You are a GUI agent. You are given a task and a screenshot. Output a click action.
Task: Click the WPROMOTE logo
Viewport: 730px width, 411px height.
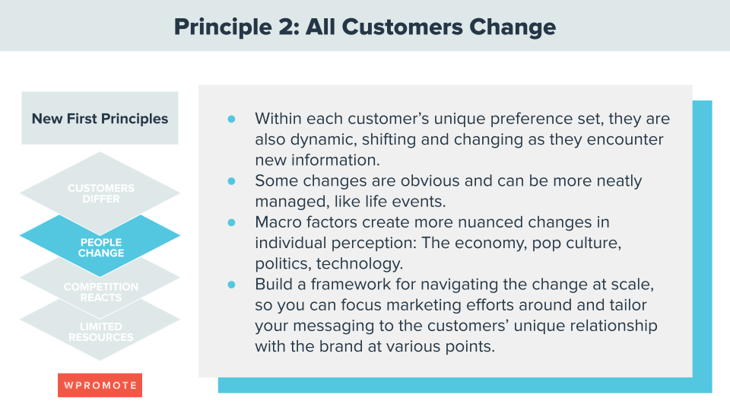coord(100,385)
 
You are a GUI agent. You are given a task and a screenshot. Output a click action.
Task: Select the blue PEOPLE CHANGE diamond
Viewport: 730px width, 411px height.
coord(100,247)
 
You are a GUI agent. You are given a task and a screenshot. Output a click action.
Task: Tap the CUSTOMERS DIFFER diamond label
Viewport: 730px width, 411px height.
coord(100,193)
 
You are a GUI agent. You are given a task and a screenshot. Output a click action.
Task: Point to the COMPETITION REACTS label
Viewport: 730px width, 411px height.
coord(100,292)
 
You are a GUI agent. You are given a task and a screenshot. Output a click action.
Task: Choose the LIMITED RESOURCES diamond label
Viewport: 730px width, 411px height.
coord(100,332)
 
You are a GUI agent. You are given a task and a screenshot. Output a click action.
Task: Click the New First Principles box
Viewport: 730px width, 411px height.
coord(100,119)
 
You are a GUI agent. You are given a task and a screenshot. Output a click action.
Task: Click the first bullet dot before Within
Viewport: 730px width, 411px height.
coord(232,119)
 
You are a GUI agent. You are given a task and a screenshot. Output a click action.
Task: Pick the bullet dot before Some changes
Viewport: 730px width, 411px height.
coord(232,181)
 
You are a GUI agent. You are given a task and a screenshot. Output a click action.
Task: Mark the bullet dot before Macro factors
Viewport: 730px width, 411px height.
coord(232,222)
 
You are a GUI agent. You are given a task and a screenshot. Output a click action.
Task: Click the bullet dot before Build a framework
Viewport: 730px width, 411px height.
coord(232,284)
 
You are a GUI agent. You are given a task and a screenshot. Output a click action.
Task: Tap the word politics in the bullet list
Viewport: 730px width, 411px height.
coord(281,263)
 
